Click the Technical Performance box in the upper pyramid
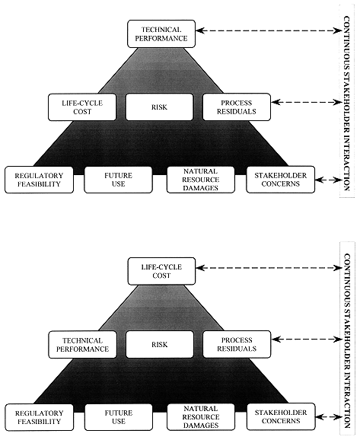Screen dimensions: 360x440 click(x=161, y=33)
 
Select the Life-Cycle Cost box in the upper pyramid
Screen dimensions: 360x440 click(x=82, y=107)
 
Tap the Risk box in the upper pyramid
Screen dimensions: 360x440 click(x=159, y=107)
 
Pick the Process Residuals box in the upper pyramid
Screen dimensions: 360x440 click(x=237, y=107)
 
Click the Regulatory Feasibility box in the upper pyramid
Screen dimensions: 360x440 click(x=39, y=180)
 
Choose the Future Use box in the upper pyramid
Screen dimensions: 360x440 click(x=118, y=180)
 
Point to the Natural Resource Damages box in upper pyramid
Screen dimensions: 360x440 click(x=201, y=180)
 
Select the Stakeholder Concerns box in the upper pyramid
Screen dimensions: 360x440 click(x=281, y=180)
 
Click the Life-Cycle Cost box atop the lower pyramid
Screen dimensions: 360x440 click(x=161, y=271)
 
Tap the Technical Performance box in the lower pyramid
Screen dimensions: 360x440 click(x=82, y=345)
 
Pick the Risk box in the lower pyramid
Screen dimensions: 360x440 click(x=160, y=345)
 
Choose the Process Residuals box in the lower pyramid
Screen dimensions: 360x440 click(x=237, y=345)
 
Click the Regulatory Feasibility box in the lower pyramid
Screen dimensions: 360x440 click(x=40, y=417)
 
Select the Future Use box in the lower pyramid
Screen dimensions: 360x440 click(x=119, y=417)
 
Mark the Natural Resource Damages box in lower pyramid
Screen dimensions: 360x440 click(x=201, y=417)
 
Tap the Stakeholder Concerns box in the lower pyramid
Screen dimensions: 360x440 click(x=281, y=417)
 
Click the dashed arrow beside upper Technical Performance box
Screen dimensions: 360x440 click(x=269, y=30)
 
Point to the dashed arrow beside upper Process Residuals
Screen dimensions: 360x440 click(x=307, y=102)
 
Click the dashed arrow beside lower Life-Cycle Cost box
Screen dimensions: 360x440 click(x=269, y=268)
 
